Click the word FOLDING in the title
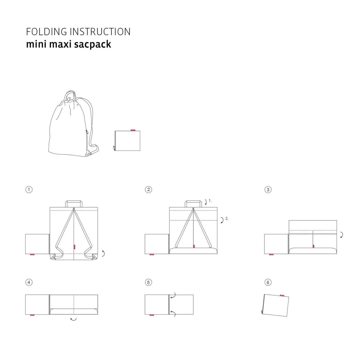(x=47, y=32)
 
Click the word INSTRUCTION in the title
(x=100, y=32)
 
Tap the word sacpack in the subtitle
(x=93, y=44)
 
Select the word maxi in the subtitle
(x=60, y=44)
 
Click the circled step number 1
(x=29, y=190)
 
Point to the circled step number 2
(x=148, y=190)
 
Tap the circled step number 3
(x=268, y=190)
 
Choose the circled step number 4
(x=29, y=282)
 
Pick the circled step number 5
(x=148, y=282)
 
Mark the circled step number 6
(x=268, y=282)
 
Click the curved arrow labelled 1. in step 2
(x=206, y=202)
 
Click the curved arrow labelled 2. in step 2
(x=223, y=220)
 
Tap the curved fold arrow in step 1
(x=104, y=253)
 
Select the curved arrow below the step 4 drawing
(x=73, y=319)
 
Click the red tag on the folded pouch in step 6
(x=282, y=296)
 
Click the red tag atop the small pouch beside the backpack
(x=133, y=130)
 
